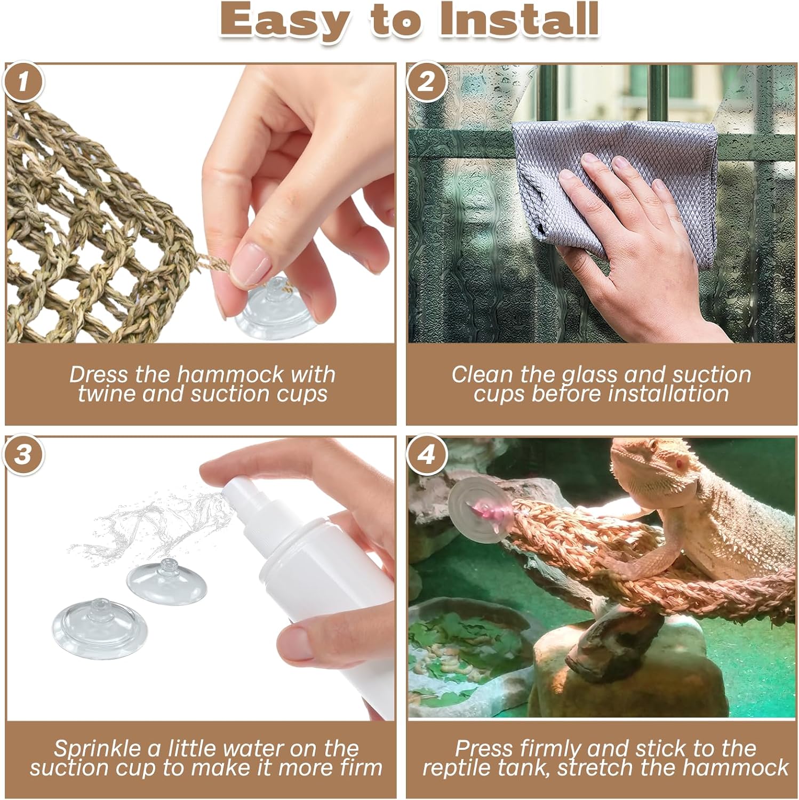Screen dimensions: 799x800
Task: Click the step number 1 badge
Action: (23, 83)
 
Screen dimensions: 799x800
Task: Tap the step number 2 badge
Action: (426, 83)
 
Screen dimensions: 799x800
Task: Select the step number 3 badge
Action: (23, 456)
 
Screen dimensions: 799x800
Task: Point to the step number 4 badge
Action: (426, 456)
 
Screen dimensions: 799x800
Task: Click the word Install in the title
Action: (518, 20)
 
